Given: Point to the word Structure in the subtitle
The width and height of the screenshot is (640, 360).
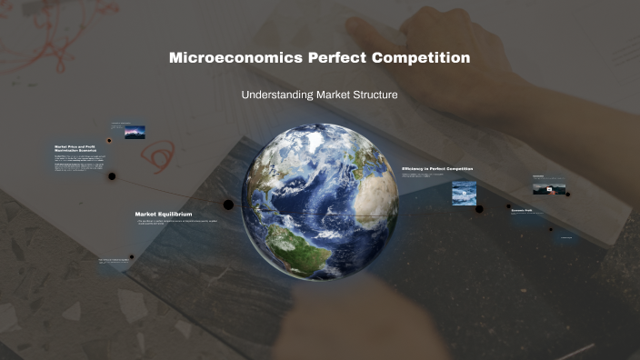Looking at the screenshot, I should coord(373,95).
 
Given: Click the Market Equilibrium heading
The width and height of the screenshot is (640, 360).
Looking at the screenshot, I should coord(164,215).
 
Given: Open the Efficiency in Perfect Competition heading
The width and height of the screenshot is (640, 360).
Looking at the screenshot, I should coord(437,169).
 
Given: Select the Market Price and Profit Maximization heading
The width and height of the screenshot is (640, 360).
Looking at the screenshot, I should coord(75,147).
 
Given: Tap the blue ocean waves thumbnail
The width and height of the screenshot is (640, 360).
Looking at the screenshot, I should coord(465,193).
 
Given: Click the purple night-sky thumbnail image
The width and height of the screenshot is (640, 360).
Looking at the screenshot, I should coord(135,132).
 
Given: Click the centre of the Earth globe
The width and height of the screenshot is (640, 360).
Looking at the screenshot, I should coord(307,202).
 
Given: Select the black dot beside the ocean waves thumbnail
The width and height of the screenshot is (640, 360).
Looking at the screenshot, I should coord(479,208).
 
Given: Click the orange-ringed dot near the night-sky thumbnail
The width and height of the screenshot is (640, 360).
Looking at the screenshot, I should coord(109,141).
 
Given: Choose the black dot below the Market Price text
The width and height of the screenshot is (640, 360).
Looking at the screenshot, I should coord(112,176).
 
